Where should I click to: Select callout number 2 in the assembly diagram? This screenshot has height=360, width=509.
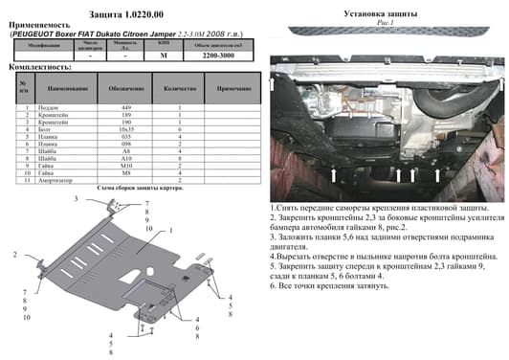pyautogui.click(x=16, y=256)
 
